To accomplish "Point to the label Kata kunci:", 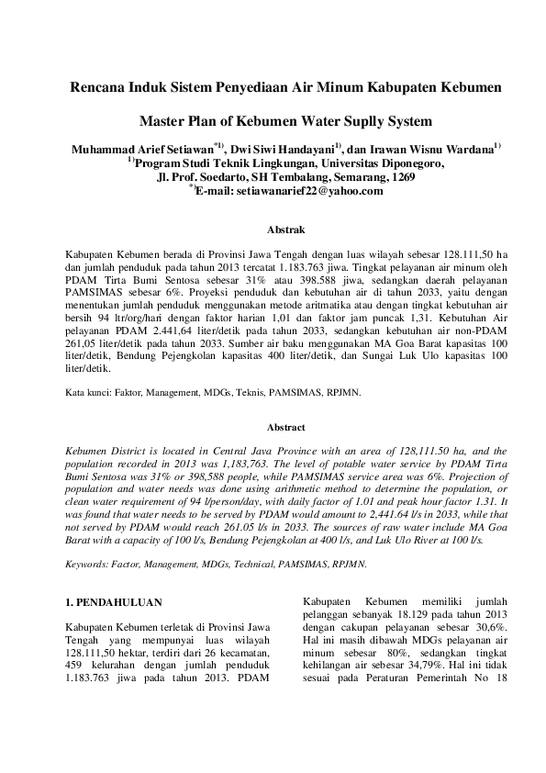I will coord(89,392).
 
